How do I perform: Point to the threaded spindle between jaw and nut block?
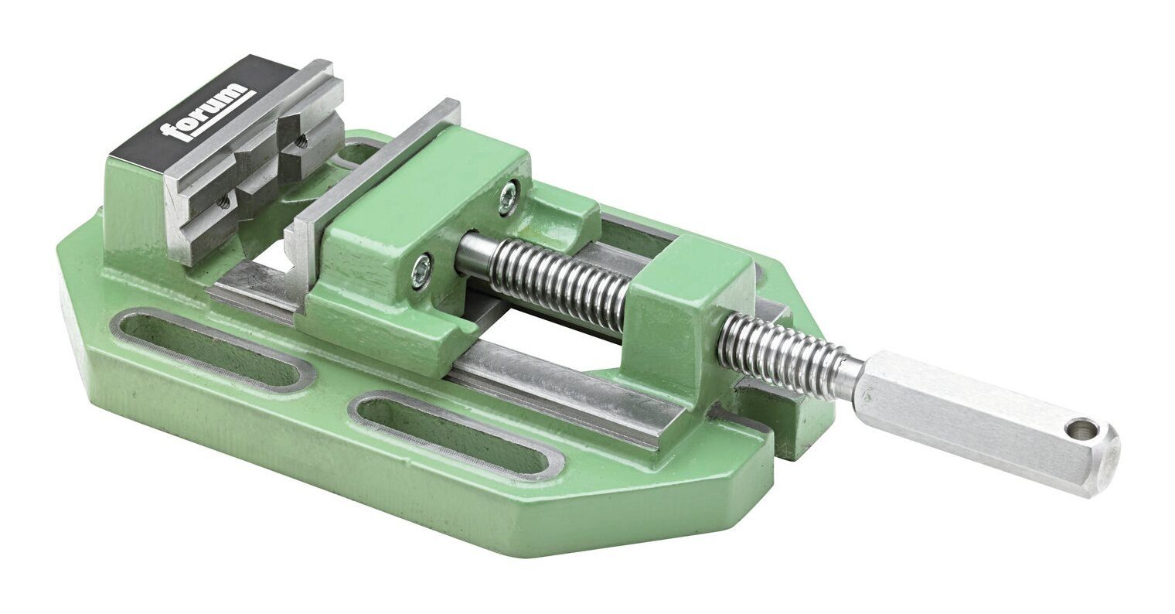click(557, 282)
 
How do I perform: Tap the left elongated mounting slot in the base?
click(209, 348)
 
